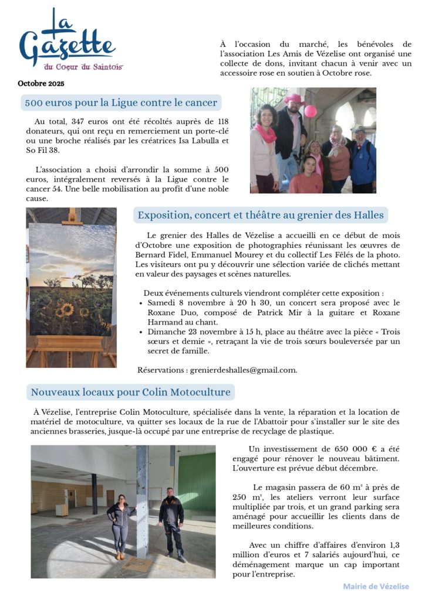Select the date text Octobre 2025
(x=41, y=83)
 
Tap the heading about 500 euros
(x=121, y=103)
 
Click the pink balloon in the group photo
(x=310, y=110)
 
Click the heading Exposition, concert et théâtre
(x=261, y=215)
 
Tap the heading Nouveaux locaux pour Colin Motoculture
(x=131, y=392)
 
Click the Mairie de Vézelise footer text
(x=376, y=586)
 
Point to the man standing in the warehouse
(x=171, y=521)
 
